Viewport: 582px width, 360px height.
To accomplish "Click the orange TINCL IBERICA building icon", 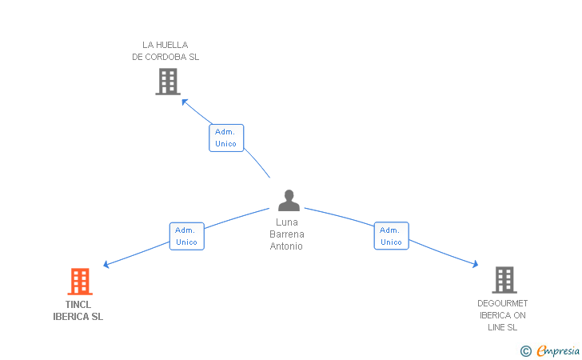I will [79, 282].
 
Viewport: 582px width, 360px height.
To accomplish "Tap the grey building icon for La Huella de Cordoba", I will [167, 82].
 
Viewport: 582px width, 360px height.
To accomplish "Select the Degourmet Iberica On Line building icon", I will [504, 280].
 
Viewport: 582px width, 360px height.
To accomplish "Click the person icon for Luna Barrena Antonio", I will [289, 201].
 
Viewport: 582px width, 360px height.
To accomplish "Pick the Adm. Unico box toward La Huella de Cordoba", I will [226, 138].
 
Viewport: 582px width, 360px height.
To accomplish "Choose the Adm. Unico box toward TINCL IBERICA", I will [186, 236].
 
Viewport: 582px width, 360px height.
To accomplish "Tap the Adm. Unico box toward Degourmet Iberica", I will [391, 236].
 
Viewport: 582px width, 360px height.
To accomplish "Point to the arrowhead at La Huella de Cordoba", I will [185, 101].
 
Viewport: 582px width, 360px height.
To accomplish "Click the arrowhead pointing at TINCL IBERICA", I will [106, 265].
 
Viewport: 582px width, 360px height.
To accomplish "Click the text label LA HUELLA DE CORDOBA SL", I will [165, 51].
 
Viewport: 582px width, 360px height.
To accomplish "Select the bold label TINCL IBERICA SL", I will [78, 310].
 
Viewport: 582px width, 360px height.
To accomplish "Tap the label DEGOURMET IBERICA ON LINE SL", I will [503, 315].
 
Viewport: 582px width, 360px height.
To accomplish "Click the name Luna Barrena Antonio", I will [287, 234].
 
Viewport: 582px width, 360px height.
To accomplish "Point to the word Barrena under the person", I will [287, 234].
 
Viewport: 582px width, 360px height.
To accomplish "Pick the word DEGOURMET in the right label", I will [503, 303].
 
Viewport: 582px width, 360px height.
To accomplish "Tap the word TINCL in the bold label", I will [78, 305].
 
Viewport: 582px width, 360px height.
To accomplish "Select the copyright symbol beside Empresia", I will [525, 350].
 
